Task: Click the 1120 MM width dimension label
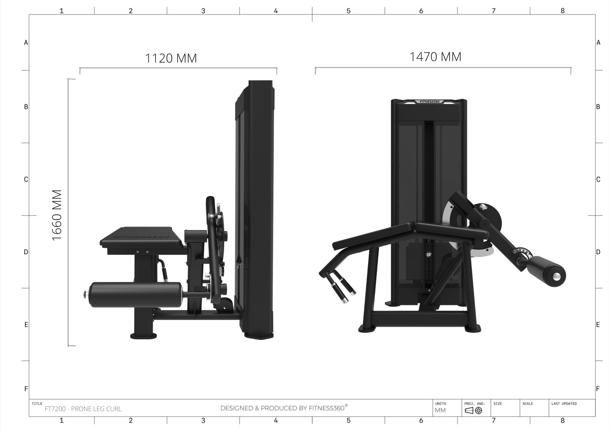171,58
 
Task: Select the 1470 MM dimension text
435,57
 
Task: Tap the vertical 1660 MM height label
57,215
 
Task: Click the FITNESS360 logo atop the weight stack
430,101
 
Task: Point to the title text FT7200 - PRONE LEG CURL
83,409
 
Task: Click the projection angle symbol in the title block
474,411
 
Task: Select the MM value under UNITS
440,410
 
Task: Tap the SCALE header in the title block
528,404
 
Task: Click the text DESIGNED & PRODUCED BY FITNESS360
284,408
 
